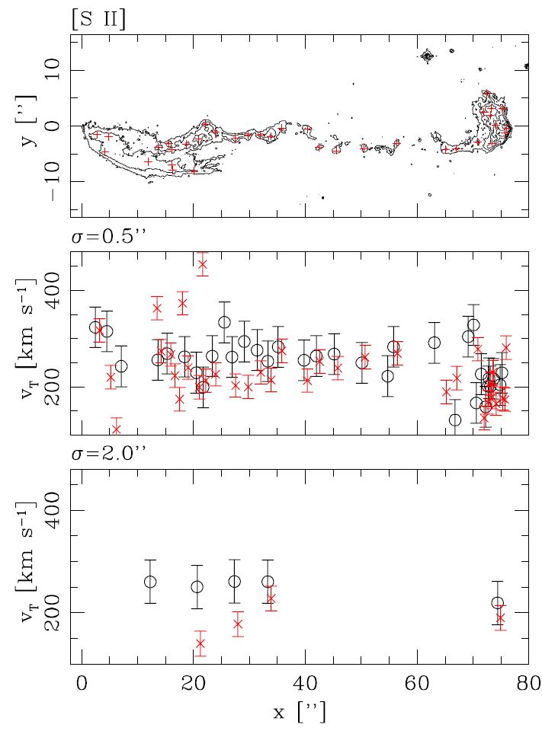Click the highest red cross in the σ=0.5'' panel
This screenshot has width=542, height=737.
coord(202,264)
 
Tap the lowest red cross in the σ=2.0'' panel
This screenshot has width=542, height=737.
coord(200,643)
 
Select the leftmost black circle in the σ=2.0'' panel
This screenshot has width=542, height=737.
coord(150,582)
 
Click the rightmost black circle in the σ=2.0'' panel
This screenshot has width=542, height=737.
coord(498,603)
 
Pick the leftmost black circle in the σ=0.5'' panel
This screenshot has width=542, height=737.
coord(95,327)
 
